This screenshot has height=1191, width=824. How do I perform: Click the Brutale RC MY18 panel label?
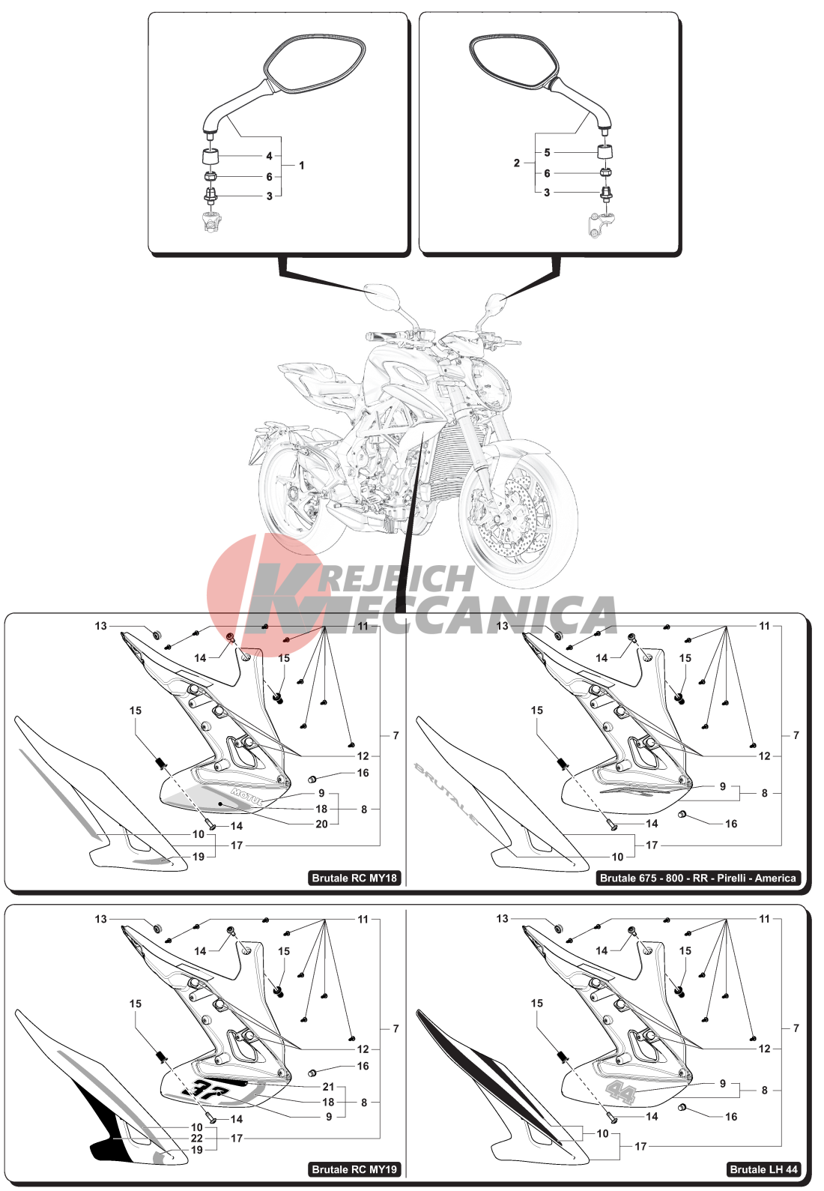tap(354, 878)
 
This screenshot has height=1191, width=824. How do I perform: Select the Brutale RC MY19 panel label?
tap(354, 1169)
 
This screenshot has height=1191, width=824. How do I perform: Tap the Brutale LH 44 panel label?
tap(763, 1169)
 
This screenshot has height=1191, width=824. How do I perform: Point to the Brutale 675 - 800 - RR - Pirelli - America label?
tap(698, 878)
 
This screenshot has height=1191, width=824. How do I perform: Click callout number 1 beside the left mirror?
tap(302, 166)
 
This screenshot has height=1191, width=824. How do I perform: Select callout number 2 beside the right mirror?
tap(516, 163)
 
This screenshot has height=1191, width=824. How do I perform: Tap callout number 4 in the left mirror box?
tap(270, 156)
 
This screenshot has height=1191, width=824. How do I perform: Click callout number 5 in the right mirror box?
tap(547, 153)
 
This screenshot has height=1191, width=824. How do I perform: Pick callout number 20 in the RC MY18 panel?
tap(321, 824)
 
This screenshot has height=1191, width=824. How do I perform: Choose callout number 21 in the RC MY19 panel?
tap(328, 1087)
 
